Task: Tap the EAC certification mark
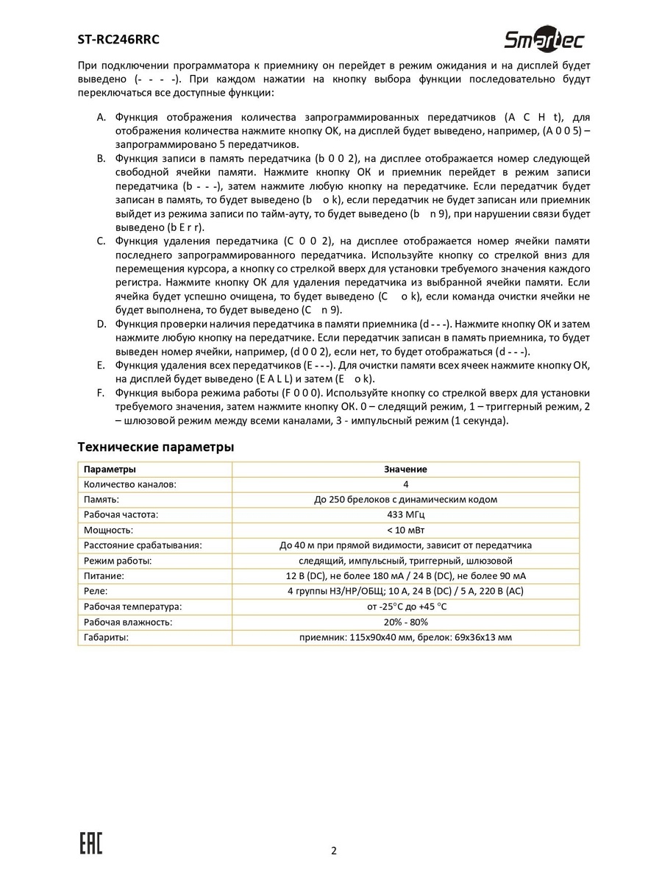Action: (90, 844)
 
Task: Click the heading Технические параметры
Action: (156, 447)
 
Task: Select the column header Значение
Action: (405, 469)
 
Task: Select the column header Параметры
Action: (110, 469)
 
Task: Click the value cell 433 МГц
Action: (405, 514)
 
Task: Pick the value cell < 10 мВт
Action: (405, 530)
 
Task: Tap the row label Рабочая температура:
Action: (132, 606)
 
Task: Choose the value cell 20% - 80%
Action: (405, 622)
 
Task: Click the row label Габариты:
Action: (106, 637)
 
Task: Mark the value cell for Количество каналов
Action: (405, 484)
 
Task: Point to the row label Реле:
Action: (96, 591)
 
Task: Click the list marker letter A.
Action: (101, 118)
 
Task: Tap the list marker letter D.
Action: (101, 324)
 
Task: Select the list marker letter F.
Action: (101, 393)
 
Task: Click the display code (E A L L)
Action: (270, 379)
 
